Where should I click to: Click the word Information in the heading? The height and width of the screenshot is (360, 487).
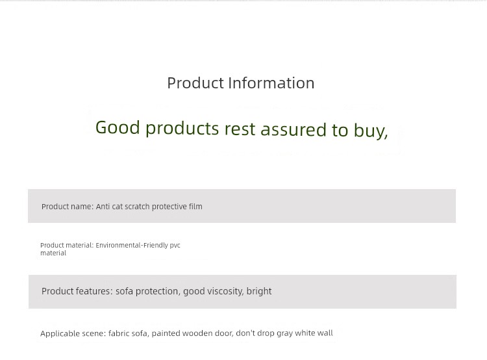click(x=271, y=83)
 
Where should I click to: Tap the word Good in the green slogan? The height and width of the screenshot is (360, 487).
click(x=118, y=127)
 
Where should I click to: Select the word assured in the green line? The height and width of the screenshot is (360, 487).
click(x=293, y=129)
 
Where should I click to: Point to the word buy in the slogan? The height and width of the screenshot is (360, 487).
click(x=371, y=131)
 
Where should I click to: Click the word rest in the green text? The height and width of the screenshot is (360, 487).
click(x=240, y=129)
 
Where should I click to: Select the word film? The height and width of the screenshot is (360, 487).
click(x=195, y=207)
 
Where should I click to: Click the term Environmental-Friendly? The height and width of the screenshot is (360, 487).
click(x=132, y=245)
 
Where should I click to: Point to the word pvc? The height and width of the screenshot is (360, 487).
click(x=175, y=246)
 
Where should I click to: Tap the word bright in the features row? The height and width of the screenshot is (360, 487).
click(x=259, y=291)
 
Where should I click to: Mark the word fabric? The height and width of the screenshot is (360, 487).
click(x=119, y=333)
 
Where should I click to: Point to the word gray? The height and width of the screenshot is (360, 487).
click(x=285, y=333)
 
